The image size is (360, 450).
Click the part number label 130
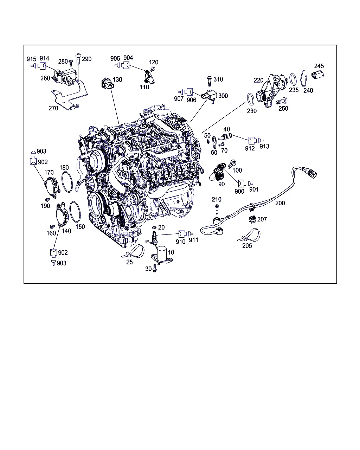click(117, 79)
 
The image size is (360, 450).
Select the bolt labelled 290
click(78, 59)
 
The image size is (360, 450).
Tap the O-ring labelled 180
click(67, 182)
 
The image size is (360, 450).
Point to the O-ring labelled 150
click(75, 212)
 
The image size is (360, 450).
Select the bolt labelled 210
click(217, 209)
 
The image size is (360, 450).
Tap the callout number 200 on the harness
click(280, 203)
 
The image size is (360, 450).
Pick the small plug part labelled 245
click(317, 75)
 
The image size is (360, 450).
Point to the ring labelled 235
click(293, 79)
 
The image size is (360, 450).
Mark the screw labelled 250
click(282, 101)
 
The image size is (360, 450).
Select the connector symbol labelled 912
click(252, 141)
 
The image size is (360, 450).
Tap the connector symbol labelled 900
click(242, 184)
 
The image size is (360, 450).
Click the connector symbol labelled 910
click(182, 234)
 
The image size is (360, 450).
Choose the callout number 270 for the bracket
click(53, 108)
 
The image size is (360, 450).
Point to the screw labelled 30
click(155, 268)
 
